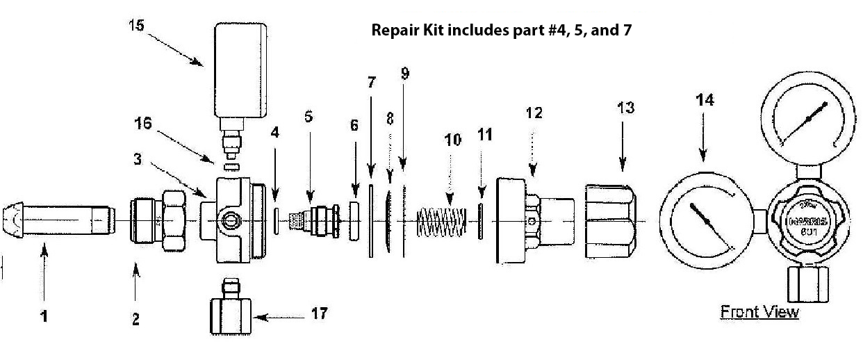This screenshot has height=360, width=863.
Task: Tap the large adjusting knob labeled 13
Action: (611, 222)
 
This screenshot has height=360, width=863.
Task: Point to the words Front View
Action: (759, 312)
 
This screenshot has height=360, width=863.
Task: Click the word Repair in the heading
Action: (395, 31)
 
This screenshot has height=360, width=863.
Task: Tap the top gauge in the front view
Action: (807, 120)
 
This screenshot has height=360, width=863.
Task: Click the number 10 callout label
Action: (452, 140)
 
